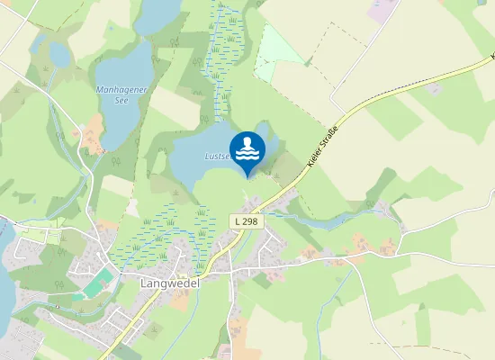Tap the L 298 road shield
(x=248, y=220)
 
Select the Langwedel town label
(x=170, y=282)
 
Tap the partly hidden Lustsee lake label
(x=219, y=156)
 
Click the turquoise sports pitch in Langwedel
(x=95, y=287)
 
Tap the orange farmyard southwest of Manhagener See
(x=91, y=139)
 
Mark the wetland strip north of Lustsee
(x=223, y=63)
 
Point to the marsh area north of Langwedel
(x=162, y=229)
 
